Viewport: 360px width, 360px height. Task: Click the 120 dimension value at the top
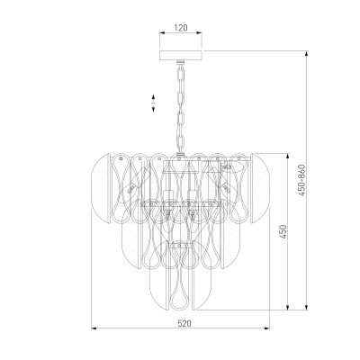[181, 28]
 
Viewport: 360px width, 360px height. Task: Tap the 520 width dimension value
[184, 323]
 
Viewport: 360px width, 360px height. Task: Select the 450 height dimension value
[283, 231]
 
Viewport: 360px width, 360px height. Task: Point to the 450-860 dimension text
[301, 180]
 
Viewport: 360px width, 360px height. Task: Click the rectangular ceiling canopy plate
[181, 55]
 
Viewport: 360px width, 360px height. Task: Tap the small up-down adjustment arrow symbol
[153, 103]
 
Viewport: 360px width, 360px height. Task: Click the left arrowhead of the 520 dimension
[94, 328]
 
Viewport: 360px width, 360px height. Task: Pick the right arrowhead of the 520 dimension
[268, 328]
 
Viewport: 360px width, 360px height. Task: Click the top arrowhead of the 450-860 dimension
[306, 53]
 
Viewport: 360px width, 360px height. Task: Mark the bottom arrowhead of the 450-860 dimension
[306, 307]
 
